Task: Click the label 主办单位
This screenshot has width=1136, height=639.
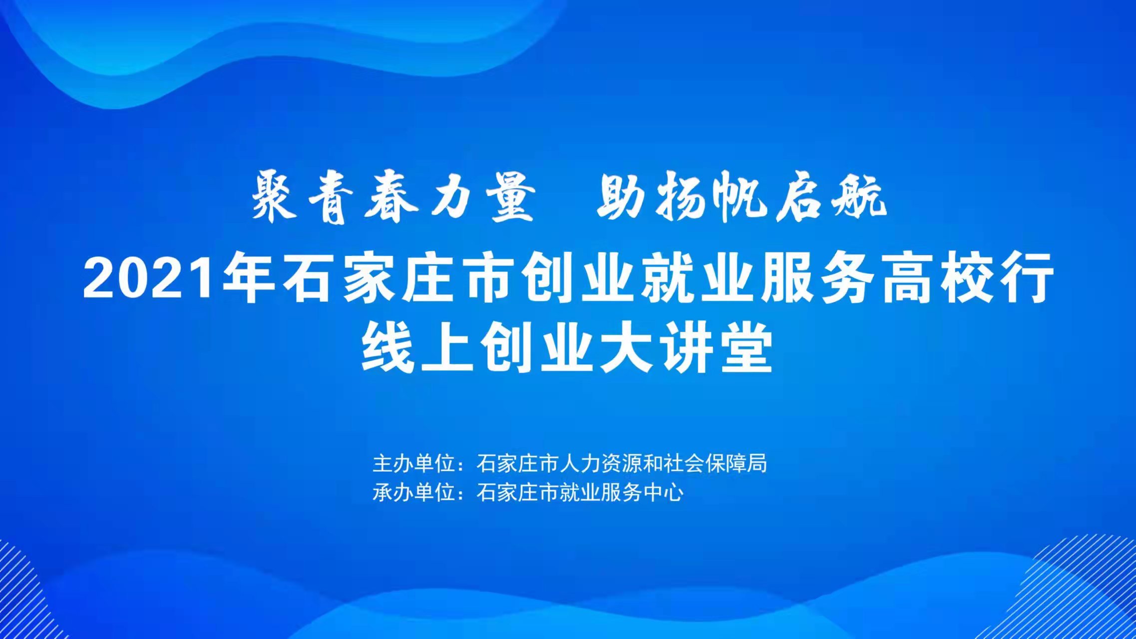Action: pos(414,464)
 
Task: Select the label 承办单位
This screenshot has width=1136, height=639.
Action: pos(414,493)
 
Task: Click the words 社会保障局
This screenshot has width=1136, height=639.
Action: pos(716,464)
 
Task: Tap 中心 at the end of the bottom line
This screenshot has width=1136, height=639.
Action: pos(664,493)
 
